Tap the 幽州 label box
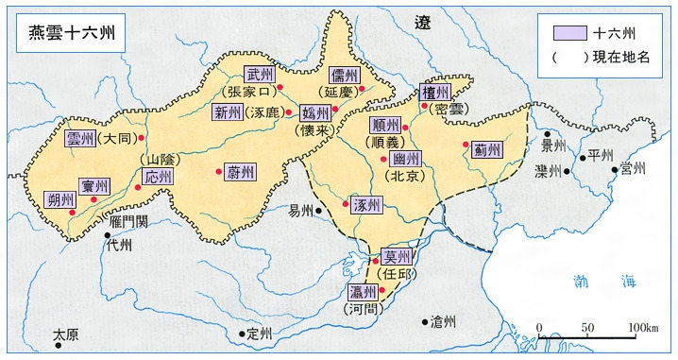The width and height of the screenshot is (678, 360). point(408,160)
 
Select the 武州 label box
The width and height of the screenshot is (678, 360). point(258,74)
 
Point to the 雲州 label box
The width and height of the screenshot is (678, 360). point(81,139)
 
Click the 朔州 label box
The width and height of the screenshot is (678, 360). point(59,199)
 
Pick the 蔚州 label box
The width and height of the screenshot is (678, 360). point(239,173)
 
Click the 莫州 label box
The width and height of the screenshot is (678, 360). point(397,257)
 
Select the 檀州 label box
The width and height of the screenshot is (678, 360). point(435,92)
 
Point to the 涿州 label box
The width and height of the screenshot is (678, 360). point(364,205)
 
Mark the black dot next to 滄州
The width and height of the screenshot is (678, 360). point(424,322)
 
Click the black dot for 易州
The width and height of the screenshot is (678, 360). point(321,210)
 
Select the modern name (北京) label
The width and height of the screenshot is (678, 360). point(407,177)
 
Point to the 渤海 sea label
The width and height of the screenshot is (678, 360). point(604,281)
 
